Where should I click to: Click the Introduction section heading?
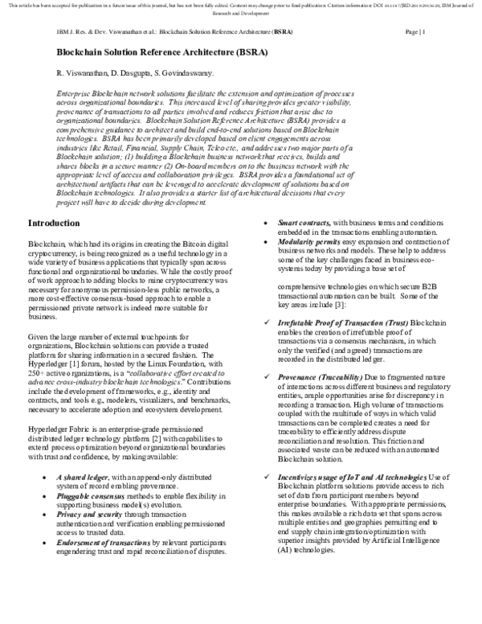click(59, 223)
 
